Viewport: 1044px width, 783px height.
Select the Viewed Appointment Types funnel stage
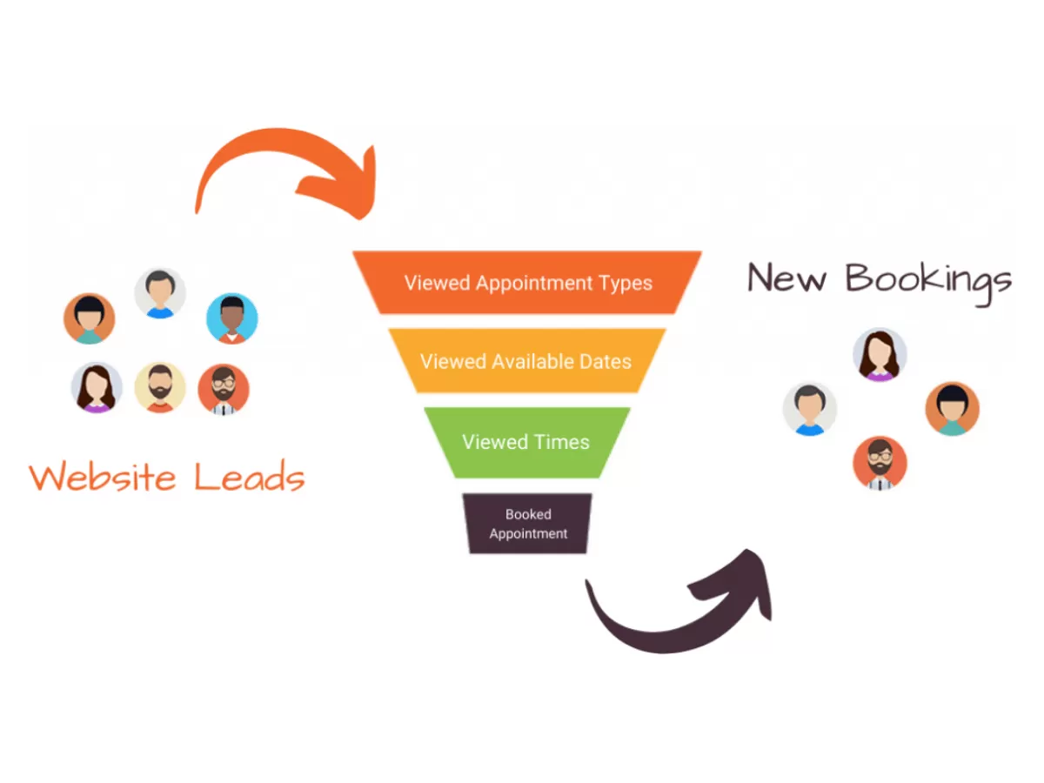(527, 283)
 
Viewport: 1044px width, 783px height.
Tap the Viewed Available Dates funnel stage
(526, 361)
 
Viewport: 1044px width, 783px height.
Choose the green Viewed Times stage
(526, 442)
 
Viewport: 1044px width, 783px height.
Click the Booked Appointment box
(528, 524)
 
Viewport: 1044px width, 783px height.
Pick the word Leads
(249, 478)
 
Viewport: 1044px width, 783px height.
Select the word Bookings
(929, 281)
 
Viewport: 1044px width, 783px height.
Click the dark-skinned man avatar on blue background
(232, 318)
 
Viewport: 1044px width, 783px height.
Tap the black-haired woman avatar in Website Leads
(89, 318)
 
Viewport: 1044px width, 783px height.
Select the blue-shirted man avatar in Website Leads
(160, 293)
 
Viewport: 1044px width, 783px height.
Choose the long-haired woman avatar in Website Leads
(96, 388)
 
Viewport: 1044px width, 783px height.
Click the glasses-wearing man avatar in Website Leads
(224, 389)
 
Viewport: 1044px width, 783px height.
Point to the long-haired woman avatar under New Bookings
(880, 355)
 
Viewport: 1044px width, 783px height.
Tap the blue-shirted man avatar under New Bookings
(810, 409)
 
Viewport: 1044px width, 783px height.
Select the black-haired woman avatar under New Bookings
(952, 408)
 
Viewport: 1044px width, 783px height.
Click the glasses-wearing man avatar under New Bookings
(880, 463)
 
